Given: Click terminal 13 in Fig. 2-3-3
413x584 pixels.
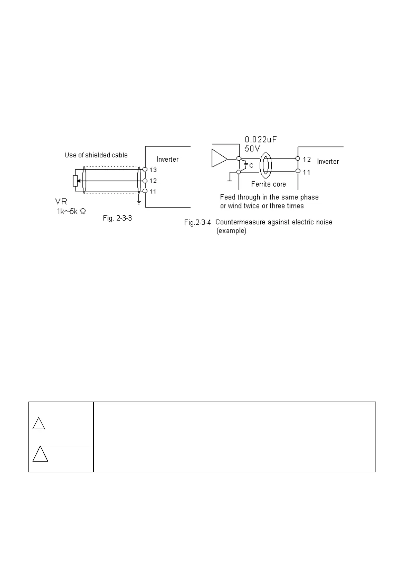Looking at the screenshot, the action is [x=145, y=170].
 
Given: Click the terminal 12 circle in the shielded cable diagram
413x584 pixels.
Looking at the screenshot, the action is [x=145, y=181].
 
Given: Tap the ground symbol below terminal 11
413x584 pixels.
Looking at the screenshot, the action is [x=139, y=202].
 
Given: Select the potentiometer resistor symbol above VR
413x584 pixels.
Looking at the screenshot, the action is [x=75, y=181].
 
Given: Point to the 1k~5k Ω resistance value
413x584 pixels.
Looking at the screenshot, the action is [x=71, y=211].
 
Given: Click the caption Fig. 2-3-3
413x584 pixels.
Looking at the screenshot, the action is [x=117, y=218].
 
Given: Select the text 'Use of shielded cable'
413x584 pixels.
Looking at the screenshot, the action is [x=96, y=155].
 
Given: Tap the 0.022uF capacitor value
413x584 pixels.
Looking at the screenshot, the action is [x=261, y=140].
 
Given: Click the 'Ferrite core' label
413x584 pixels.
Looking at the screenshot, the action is [x=268, y=184].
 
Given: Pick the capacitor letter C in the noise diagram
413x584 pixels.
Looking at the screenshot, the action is [x=251, y=166].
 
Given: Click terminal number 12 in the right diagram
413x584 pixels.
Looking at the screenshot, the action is [x=306, y=159].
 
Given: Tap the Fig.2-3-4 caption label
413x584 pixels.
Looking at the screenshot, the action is [x=197, y=222].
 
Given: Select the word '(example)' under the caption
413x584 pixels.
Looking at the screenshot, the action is [x=231, y=231].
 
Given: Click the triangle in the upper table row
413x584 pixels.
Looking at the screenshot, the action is [x=39, y=424].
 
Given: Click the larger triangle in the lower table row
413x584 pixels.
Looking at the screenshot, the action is [x=40, y=454].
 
